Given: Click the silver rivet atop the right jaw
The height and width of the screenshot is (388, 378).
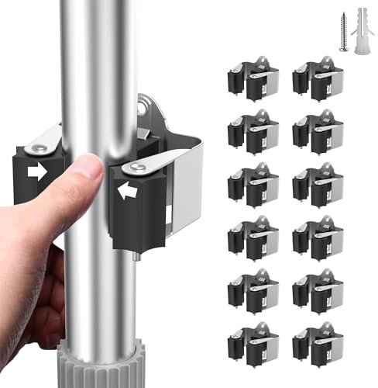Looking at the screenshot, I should [x=136, y=167].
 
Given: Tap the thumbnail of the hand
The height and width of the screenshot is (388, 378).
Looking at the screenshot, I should [x=92, y=166].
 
